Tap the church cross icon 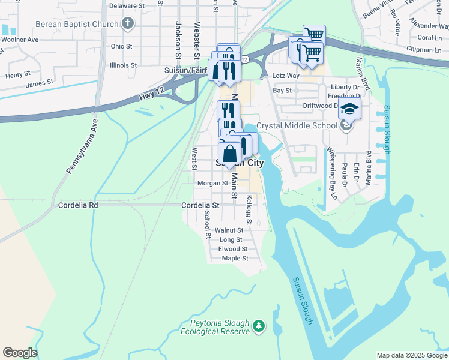[x=127, y=23]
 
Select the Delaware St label [x=127, y=5]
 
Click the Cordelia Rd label [x=77, y=205]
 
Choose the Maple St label [x=235, y=259]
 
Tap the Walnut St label [x=229, y=230]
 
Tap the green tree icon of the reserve [x=258, y=326]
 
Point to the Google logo [x=20, y=353]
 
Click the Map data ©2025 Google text [x=411, y=355]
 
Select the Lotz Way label [x=285, y=76]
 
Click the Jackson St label [x=178, y=37]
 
